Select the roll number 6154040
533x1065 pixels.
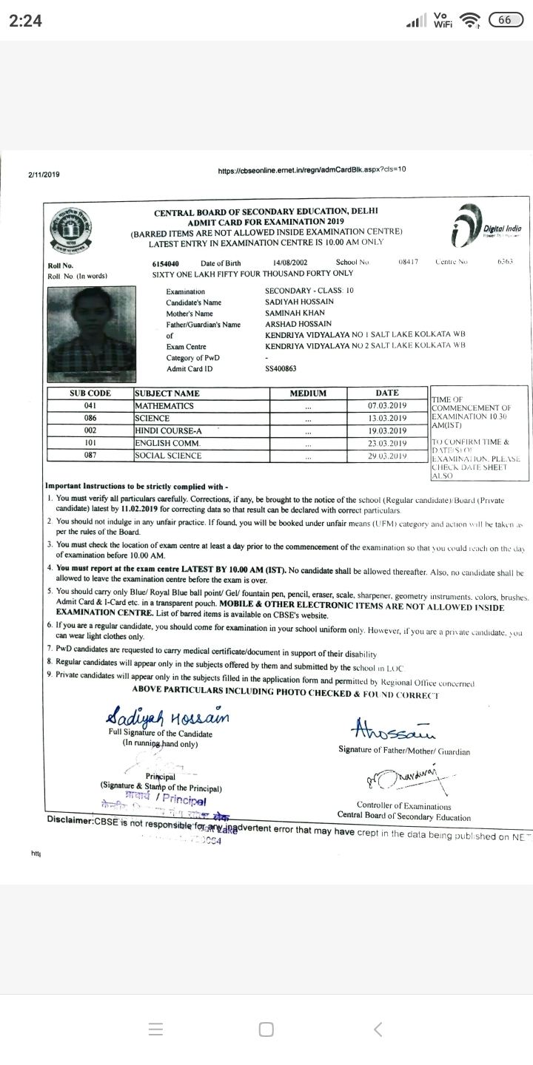pos(165,263)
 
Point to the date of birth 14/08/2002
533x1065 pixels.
pos(290,263)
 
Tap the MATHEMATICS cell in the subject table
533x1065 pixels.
pos(164,405)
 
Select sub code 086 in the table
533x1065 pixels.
pos(90,418)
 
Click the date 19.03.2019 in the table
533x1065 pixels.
pos(387,430)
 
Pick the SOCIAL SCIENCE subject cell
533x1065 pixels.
pos(168,456)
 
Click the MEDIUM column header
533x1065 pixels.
pos(308,393)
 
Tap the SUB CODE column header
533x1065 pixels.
pos(90,393)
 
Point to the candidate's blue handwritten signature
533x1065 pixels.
pos(168,716)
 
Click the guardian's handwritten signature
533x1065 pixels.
pos(395,729)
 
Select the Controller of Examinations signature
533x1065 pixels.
pos(401,776)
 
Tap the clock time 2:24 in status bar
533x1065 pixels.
pos(24,21)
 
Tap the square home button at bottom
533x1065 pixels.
pos(266,1029)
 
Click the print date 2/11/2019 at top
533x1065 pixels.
pos(44,175)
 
